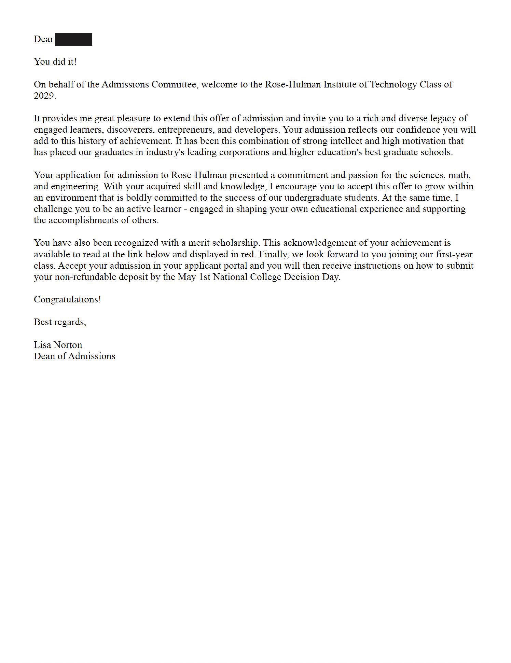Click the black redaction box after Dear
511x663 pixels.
pos(73,39)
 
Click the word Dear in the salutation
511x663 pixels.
pos(43,39)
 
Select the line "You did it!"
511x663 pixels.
pos(55,62)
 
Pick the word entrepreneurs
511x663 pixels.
pos(186,130)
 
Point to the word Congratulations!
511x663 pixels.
pos(67,300)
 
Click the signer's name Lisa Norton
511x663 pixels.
pos(58,345)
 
